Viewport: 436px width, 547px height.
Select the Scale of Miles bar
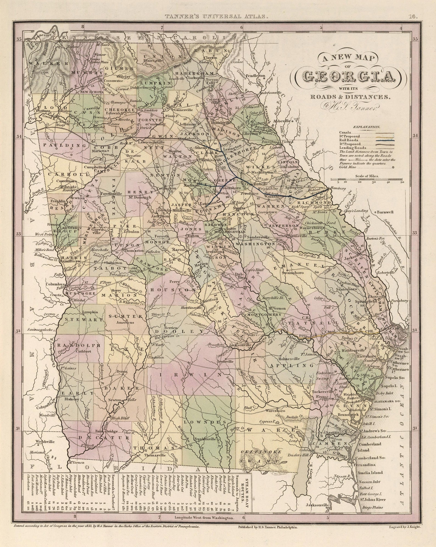(367, 180)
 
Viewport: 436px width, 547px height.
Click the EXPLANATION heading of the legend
(367, 127)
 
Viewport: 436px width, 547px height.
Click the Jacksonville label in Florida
(317, 505)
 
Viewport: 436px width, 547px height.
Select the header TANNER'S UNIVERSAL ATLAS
(216, 17)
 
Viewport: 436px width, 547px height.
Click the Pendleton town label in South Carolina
(256, 75)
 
